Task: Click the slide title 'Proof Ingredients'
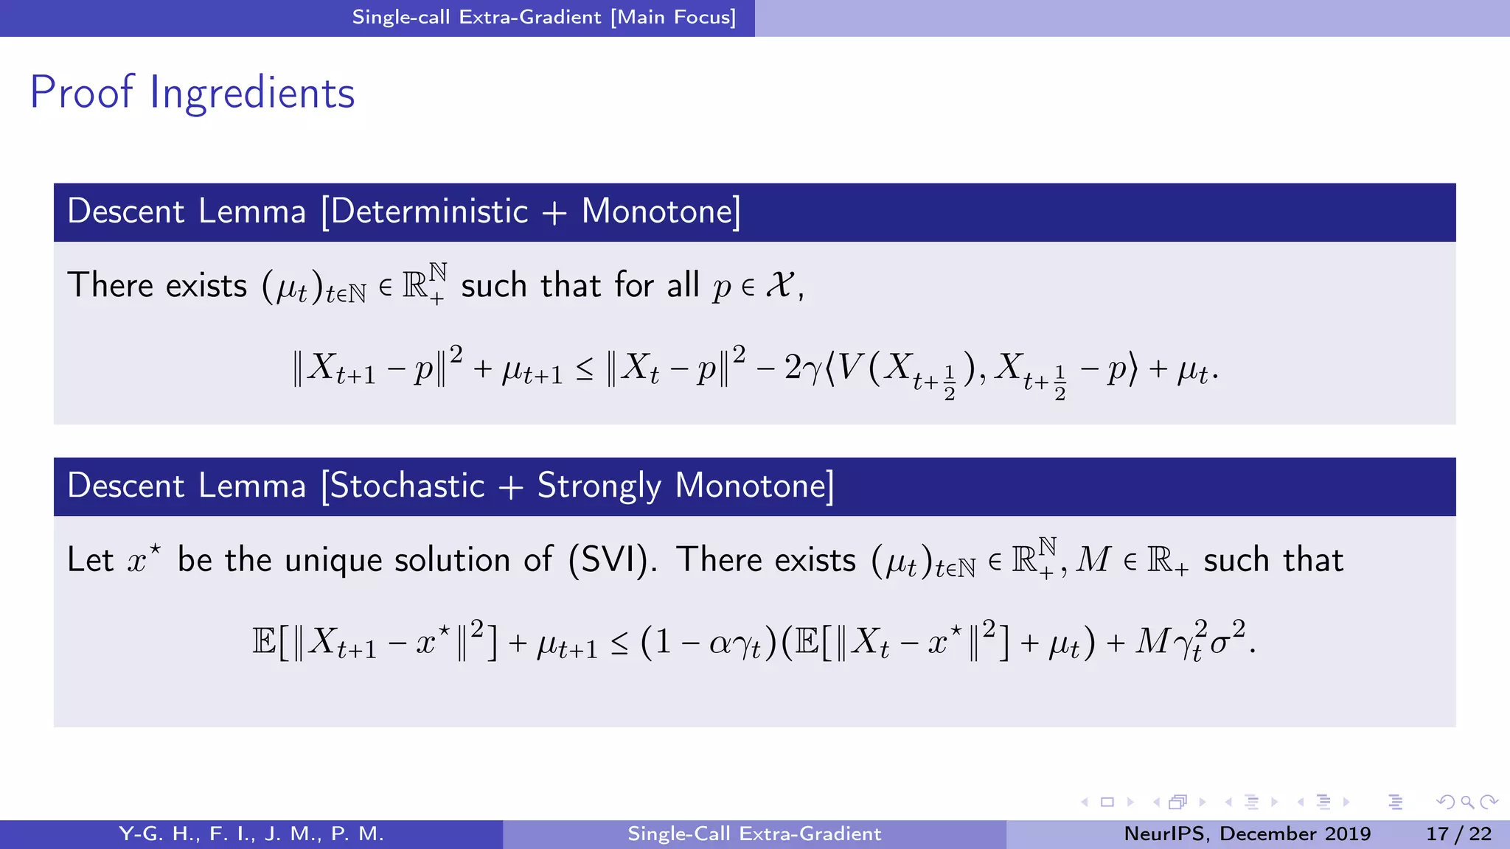pos(192,94)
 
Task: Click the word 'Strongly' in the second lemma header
pos(599,487)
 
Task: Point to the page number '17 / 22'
pos(1458,834)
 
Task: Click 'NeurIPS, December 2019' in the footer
pos(1247,834)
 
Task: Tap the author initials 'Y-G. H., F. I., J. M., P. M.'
pos(251,834)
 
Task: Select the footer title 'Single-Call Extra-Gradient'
pos(754,834)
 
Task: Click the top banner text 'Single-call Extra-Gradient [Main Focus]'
pos(544,17)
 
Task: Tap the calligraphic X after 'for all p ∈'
pos(780,284)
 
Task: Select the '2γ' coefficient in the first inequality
pos(802,367)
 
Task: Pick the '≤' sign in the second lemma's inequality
pos(619,643)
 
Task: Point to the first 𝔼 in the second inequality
pos(263,641)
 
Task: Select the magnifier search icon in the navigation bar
pos(1467,802)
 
